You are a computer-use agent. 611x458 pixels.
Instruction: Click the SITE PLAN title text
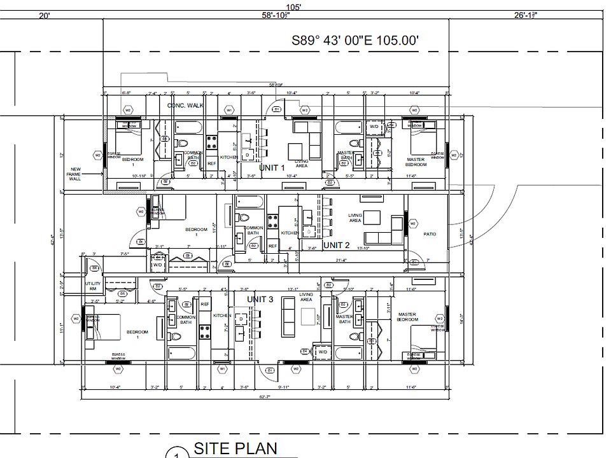click(235, 448)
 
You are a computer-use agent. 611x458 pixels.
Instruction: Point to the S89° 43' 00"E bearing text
click(355, 40)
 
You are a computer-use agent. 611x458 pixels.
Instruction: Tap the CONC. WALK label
click(185, 105)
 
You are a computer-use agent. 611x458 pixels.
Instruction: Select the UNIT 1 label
click(273, 167)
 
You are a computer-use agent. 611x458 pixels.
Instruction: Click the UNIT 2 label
click(337, 245)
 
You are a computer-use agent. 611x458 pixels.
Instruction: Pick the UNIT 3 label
click(260, 299)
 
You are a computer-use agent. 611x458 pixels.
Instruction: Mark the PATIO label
click(430, 234)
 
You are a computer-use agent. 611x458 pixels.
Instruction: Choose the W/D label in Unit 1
click(374, 126)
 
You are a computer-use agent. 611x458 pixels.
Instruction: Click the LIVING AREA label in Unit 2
click(355, 218)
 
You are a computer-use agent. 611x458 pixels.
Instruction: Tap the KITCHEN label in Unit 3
click(221, 316)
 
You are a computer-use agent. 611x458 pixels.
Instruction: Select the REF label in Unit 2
click(272, 246)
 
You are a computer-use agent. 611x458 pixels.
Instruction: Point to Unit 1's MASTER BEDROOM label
click(416, 161)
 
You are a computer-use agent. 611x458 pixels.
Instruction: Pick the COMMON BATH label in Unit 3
click(186, 319)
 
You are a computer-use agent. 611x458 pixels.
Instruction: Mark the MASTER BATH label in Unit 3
click(344, 319)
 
